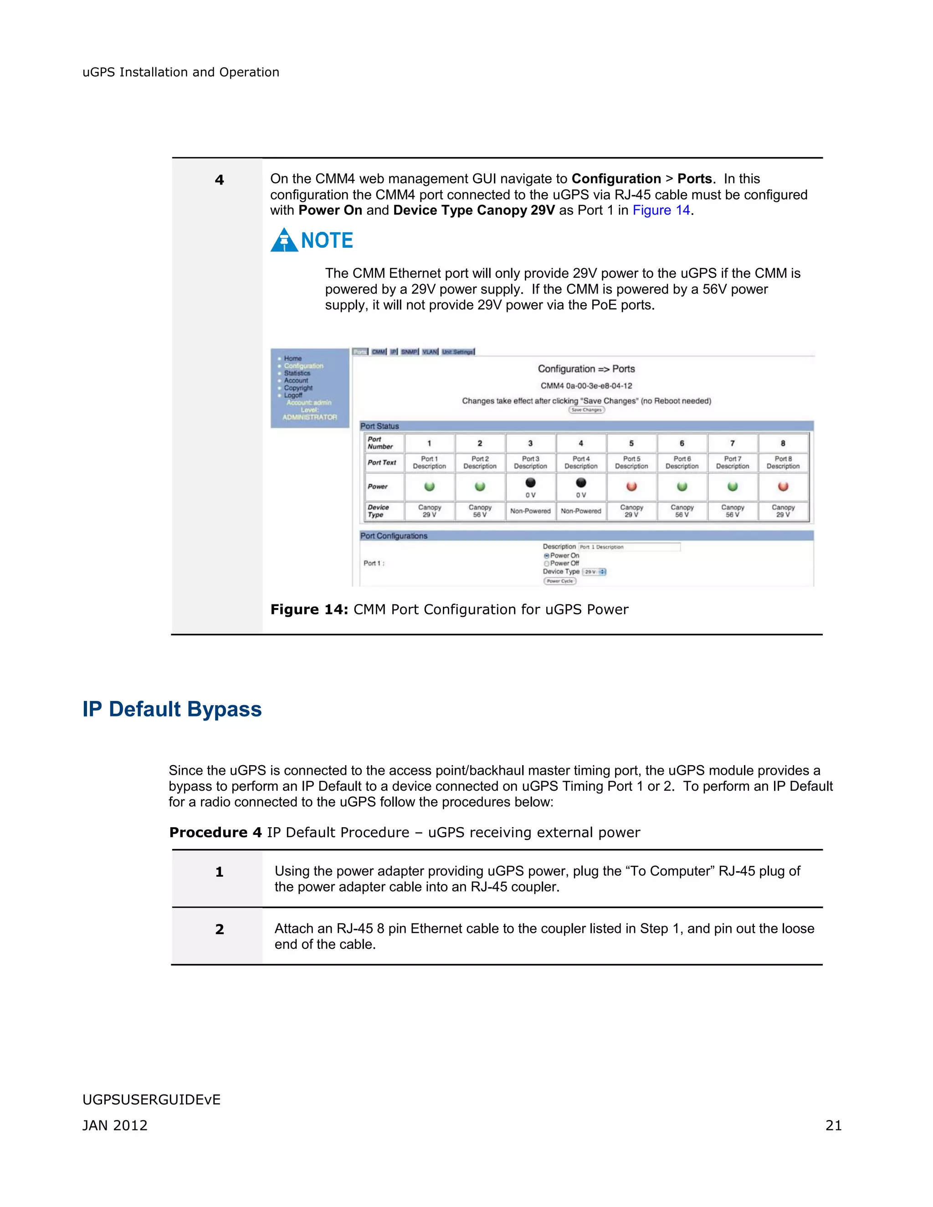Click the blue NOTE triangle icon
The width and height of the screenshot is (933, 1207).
pos(284,241)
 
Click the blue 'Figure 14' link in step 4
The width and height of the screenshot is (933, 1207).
pos(661,210)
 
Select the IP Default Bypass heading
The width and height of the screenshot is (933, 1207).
pos(172,709)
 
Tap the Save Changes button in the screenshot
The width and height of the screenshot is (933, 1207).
pos(586,410)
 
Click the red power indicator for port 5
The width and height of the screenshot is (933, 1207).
pos(631,486)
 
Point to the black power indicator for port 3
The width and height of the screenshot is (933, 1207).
pos(530,482)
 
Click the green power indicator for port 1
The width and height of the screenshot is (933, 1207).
pos(430,486)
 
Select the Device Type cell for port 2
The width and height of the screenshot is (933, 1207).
pos(480,511)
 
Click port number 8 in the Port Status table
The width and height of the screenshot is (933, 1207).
pos(783,443)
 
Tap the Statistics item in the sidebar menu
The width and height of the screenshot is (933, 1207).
pos(297,373)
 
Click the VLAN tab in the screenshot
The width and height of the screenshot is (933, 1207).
pos(430,352)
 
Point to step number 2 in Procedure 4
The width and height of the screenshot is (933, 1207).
pos(220,930)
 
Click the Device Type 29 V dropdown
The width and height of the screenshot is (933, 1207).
pos(595,572)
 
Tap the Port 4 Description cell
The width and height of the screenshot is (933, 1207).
pos(581,463)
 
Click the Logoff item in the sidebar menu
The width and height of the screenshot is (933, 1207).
pos(293,396)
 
